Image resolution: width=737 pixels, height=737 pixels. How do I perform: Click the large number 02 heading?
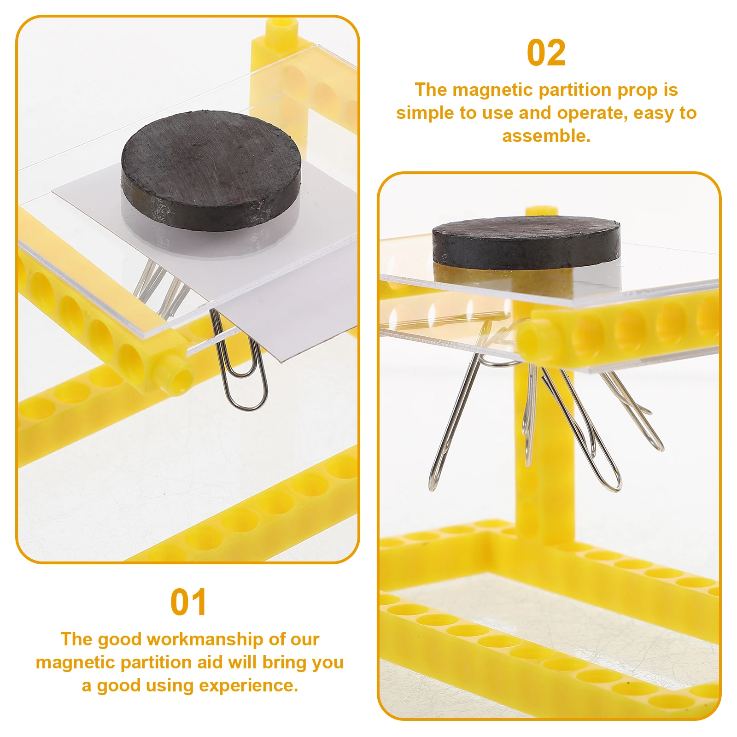546,53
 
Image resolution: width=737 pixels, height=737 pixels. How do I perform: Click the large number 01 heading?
188,602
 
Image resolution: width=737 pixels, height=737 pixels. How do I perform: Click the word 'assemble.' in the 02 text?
546,136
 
